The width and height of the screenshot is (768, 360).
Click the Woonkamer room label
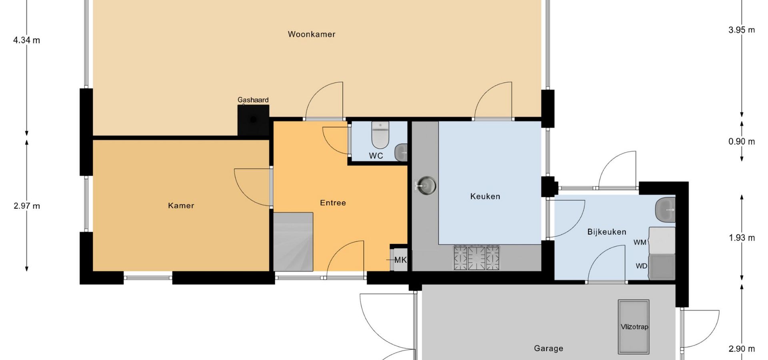click(312, 34)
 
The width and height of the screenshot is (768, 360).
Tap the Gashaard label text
click(253, 100)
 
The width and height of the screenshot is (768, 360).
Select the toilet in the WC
click(380, 135)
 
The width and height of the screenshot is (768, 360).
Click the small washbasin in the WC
click(401, 152)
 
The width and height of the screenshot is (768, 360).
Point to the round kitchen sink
click(426, 186)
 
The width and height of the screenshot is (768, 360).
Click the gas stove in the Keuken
click(476, 258)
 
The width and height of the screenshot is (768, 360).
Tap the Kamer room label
click(181, 206)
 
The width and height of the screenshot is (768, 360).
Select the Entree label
click(333, 203)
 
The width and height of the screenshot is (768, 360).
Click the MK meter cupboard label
click(400, 260)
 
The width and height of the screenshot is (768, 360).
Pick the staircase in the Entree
click(293, 242)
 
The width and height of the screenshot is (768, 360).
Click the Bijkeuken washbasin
click(665, 209)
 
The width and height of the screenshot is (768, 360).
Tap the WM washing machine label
click(640, 242)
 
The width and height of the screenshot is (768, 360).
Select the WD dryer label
click(642, 266)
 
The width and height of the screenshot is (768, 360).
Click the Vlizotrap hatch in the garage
click(634, 327)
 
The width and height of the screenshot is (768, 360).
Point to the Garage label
click(548, 348)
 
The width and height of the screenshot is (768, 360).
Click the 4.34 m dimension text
click(27, 40)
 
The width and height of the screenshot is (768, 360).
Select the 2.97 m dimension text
click(27, 206)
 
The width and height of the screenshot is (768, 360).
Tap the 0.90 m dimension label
click(742, 142)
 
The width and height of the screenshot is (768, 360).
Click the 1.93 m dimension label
click(742, 238)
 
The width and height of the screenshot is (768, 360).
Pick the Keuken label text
click(485, 196)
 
